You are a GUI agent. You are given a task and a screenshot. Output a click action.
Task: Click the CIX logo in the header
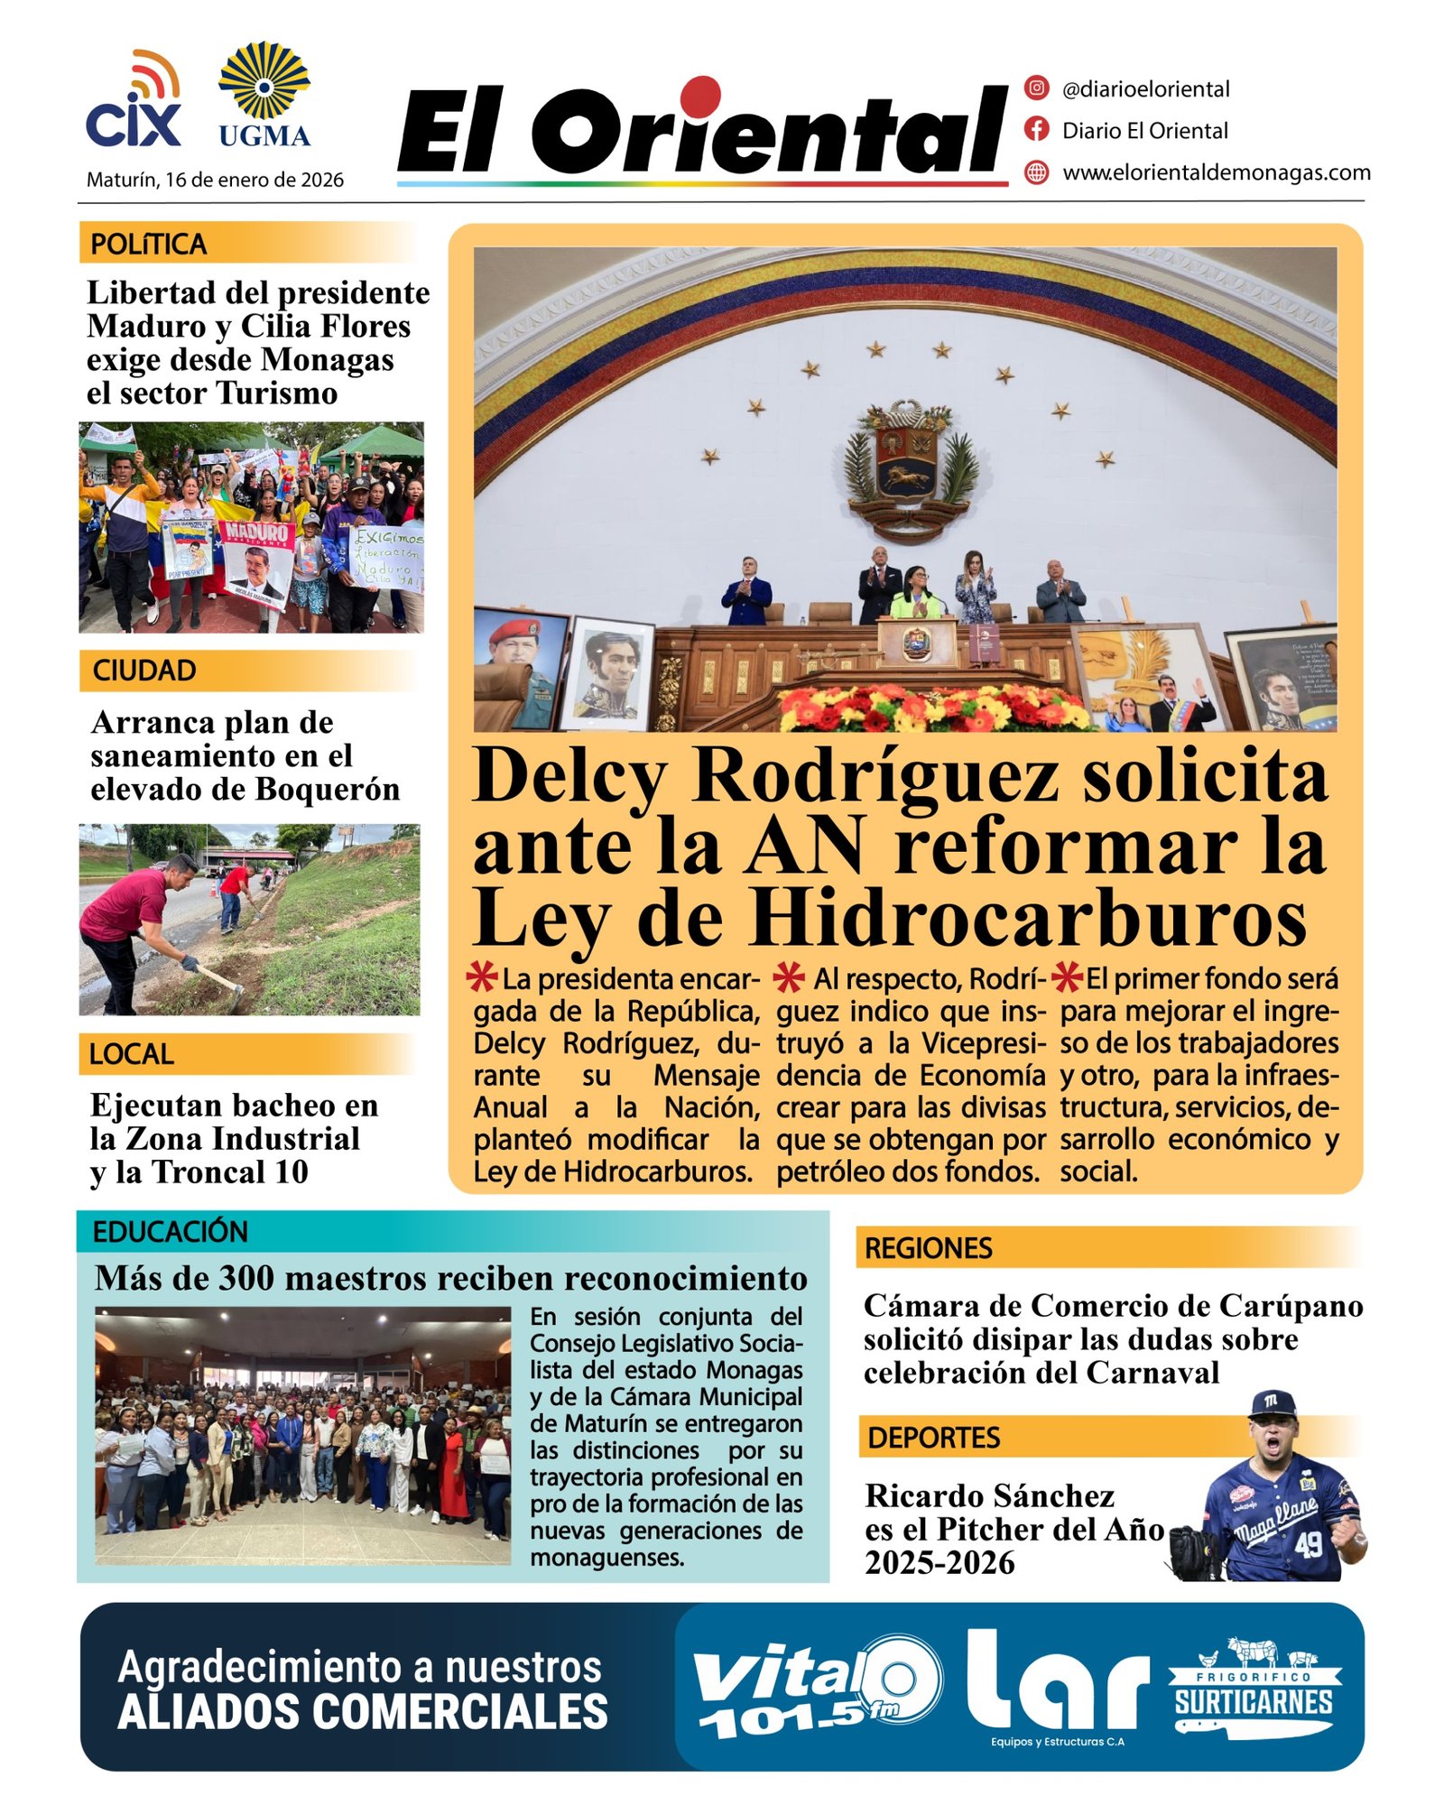coord(134,101)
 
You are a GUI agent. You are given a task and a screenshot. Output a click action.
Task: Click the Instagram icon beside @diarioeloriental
coord(1037,88)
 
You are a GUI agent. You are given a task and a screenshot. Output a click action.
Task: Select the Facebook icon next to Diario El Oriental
coord(1037,130)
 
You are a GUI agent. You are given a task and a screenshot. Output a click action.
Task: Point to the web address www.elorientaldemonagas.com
coord(1216,172)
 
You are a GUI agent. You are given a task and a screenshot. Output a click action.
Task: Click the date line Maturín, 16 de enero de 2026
coord(215,180)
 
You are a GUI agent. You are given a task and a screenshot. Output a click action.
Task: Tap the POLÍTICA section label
coord(149,245)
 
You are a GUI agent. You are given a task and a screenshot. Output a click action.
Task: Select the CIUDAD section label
coord(144,671)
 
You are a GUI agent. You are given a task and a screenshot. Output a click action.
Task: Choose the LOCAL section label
coord(132,1054)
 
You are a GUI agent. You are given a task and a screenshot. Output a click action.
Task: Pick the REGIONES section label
coord(929,1248)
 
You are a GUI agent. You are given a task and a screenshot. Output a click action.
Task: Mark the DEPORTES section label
coord(934,1438)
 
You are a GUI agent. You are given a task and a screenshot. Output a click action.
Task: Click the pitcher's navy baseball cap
coord(1273,1405)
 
